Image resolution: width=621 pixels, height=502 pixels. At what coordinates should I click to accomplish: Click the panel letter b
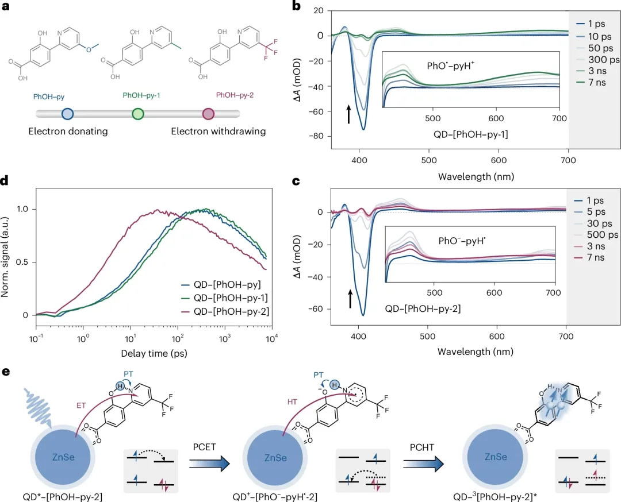297,6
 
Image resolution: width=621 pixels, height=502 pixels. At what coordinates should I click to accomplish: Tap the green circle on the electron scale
137,114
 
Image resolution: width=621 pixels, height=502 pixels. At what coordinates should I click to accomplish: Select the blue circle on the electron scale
67,114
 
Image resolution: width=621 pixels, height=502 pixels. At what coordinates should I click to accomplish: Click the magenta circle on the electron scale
208,114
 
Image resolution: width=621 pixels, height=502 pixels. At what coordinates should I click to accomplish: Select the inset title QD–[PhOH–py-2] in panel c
424,308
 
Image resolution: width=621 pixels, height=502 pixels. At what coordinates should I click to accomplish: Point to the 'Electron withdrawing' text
218,132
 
